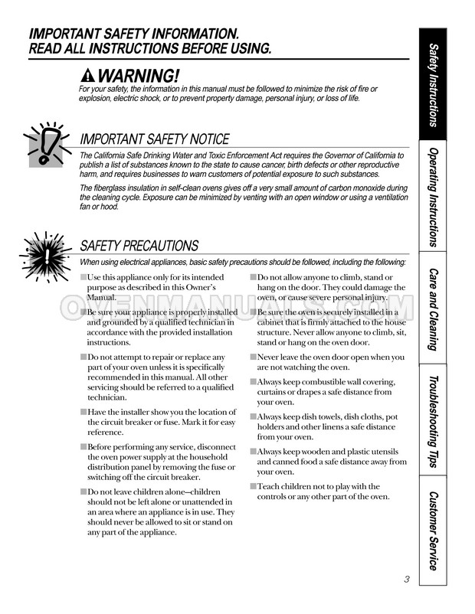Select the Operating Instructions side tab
pyautogui.click(x=434, y=198)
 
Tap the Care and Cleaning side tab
pyautogui.click(x=434, y=309)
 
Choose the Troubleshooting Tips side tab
pyautogui.click(x=434, y=420)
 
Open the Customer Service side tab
pyautogui.click(x=434, y=531)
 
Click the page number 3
pyautogui.click(x=406, y=580)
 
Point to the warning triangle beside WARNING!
pyautogui.click(x=88, y=76)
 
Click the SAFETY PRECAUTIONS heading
pyautogui.click(x=139, y=246)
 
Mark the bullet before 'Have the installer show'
pyautogui.click(x=84, y=413)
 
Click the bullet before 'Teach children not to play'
pyautogui.click(x=253, y=486)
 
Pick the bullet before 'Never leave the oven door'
pyautogui.click(x=253, y=358)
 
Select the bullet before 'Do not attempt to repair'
pyautogui.click(x=84, y=358)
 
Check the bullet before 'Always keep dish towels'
pyautogui.click(x=253, y=416)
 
